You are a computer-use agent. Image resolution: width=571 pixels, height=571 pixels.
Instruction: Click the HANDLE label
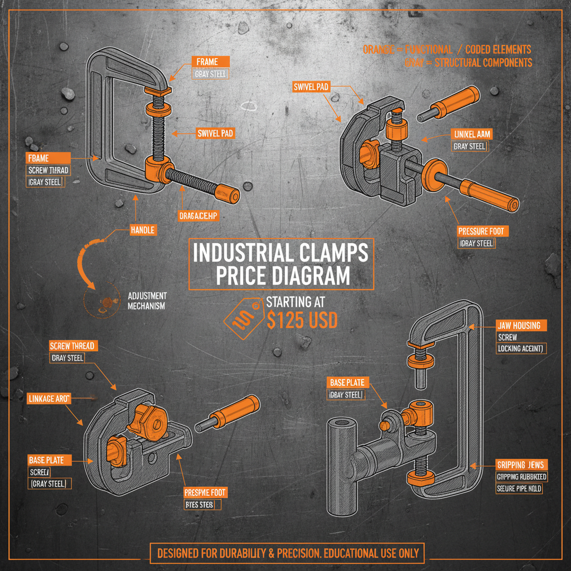tap(142, 229)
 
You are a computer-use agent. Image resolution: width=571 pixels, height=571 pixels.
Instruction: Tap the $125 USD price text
tap(302, 320)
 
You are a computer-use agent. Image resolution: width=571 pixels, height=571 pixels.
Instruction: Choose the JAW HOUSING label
tap(521, 325)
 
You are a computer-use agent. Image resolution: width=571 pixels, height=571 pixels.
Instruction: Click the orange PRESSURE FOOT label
tap(483, 231)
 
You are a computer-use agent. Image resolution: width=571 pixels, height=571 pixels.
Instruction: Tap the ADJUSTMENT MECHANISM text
tap(147, 301)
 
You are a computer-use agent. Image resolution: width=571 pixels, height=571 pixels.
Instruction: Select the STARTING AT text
tap(296, 302)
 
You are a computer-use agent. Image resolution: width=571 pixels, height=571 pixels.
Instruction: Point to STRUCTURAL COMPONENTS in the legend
tap(483, 62)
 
